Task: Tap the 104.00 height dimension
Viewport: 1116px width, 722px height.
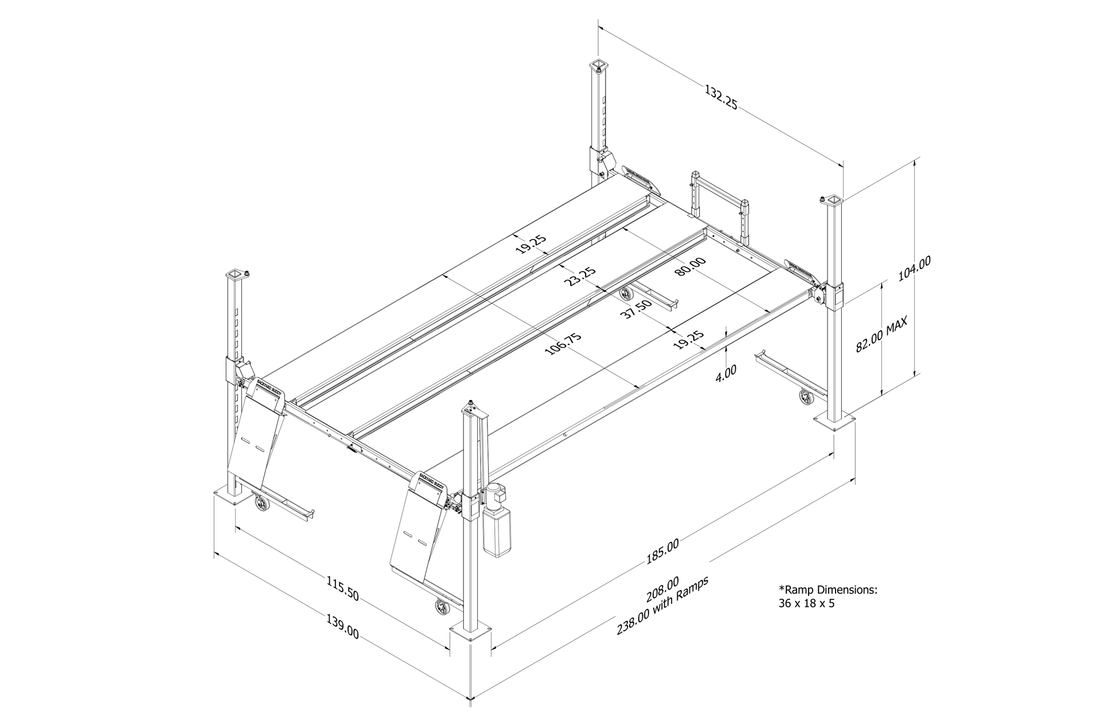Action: tap(914, 268)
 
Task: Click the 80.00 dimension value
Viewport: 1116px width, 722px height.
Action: tap(690, 267)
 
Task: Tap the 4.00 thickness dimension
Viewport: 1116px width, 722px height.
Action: tap(726, 372)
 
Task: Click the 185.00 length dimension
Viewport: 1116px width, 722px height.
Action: tap(662, 552)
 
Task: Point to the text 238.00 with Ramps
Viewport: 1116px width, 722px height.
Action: tap(663, 605)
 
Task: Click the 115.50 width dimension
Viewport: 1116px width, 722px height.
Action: tap(343, 589)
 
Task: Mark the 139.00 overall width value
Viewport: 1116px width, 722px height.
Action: tap(343, 627)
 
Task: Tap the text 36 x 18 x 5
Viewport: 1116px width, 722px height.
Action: tap(806, 603)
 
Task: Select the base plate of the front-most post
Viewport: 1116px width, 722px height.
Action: tap(471, 634)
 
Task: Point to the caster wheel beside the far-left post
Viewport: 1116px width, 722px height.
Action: tap(262, 504)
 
